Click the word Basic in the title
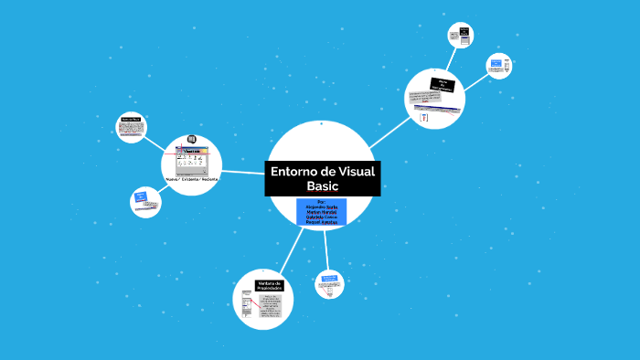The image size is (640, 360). point(322,186)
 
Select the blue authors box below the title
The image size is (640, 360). point(321,211)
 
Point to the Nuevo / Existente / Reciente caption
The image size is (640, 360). point(193,180)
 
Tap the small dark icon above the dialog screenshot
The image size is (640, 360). point(192,139)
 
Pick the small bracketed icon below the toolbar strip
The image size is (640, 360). point(424,119)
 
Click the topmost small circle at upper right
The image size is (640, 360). point(460,36)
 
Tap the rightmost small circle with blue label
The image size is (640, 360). point(498,66)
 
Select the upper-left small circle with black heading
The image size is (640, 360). point(131,126)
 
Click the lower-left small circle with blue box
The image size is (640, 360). point(144,200)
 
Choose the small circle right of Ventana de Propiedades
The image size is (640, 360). point(329,284)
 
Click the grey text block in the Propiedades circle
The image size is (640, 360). point(271,307)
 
